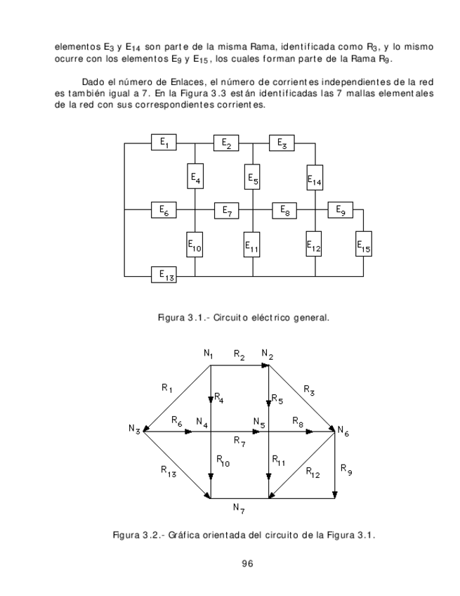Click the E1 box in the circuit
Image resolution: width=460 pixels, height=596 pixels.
[x=164, y=143]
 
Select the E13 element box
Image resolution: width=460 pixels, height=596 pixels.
[x=164, y=274]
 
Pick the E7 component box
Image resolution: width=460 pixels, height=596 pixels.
[x=227, y=209]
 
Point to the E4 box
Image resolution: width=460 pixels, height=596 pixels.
[x=195, y=177]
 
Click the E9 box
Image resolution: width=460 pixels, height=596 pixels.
[x=341, y=209]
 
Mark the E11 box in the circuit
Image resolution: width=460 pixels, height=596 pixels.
[x=252, y=246]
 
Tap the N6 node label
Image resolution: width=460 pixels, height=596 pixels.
[x=343, y=430]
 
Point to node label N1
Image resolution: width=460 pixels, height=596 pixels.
[x=209, y=354]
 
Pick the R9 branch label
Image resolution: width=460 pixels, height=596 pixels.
[x=346, y=467]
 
